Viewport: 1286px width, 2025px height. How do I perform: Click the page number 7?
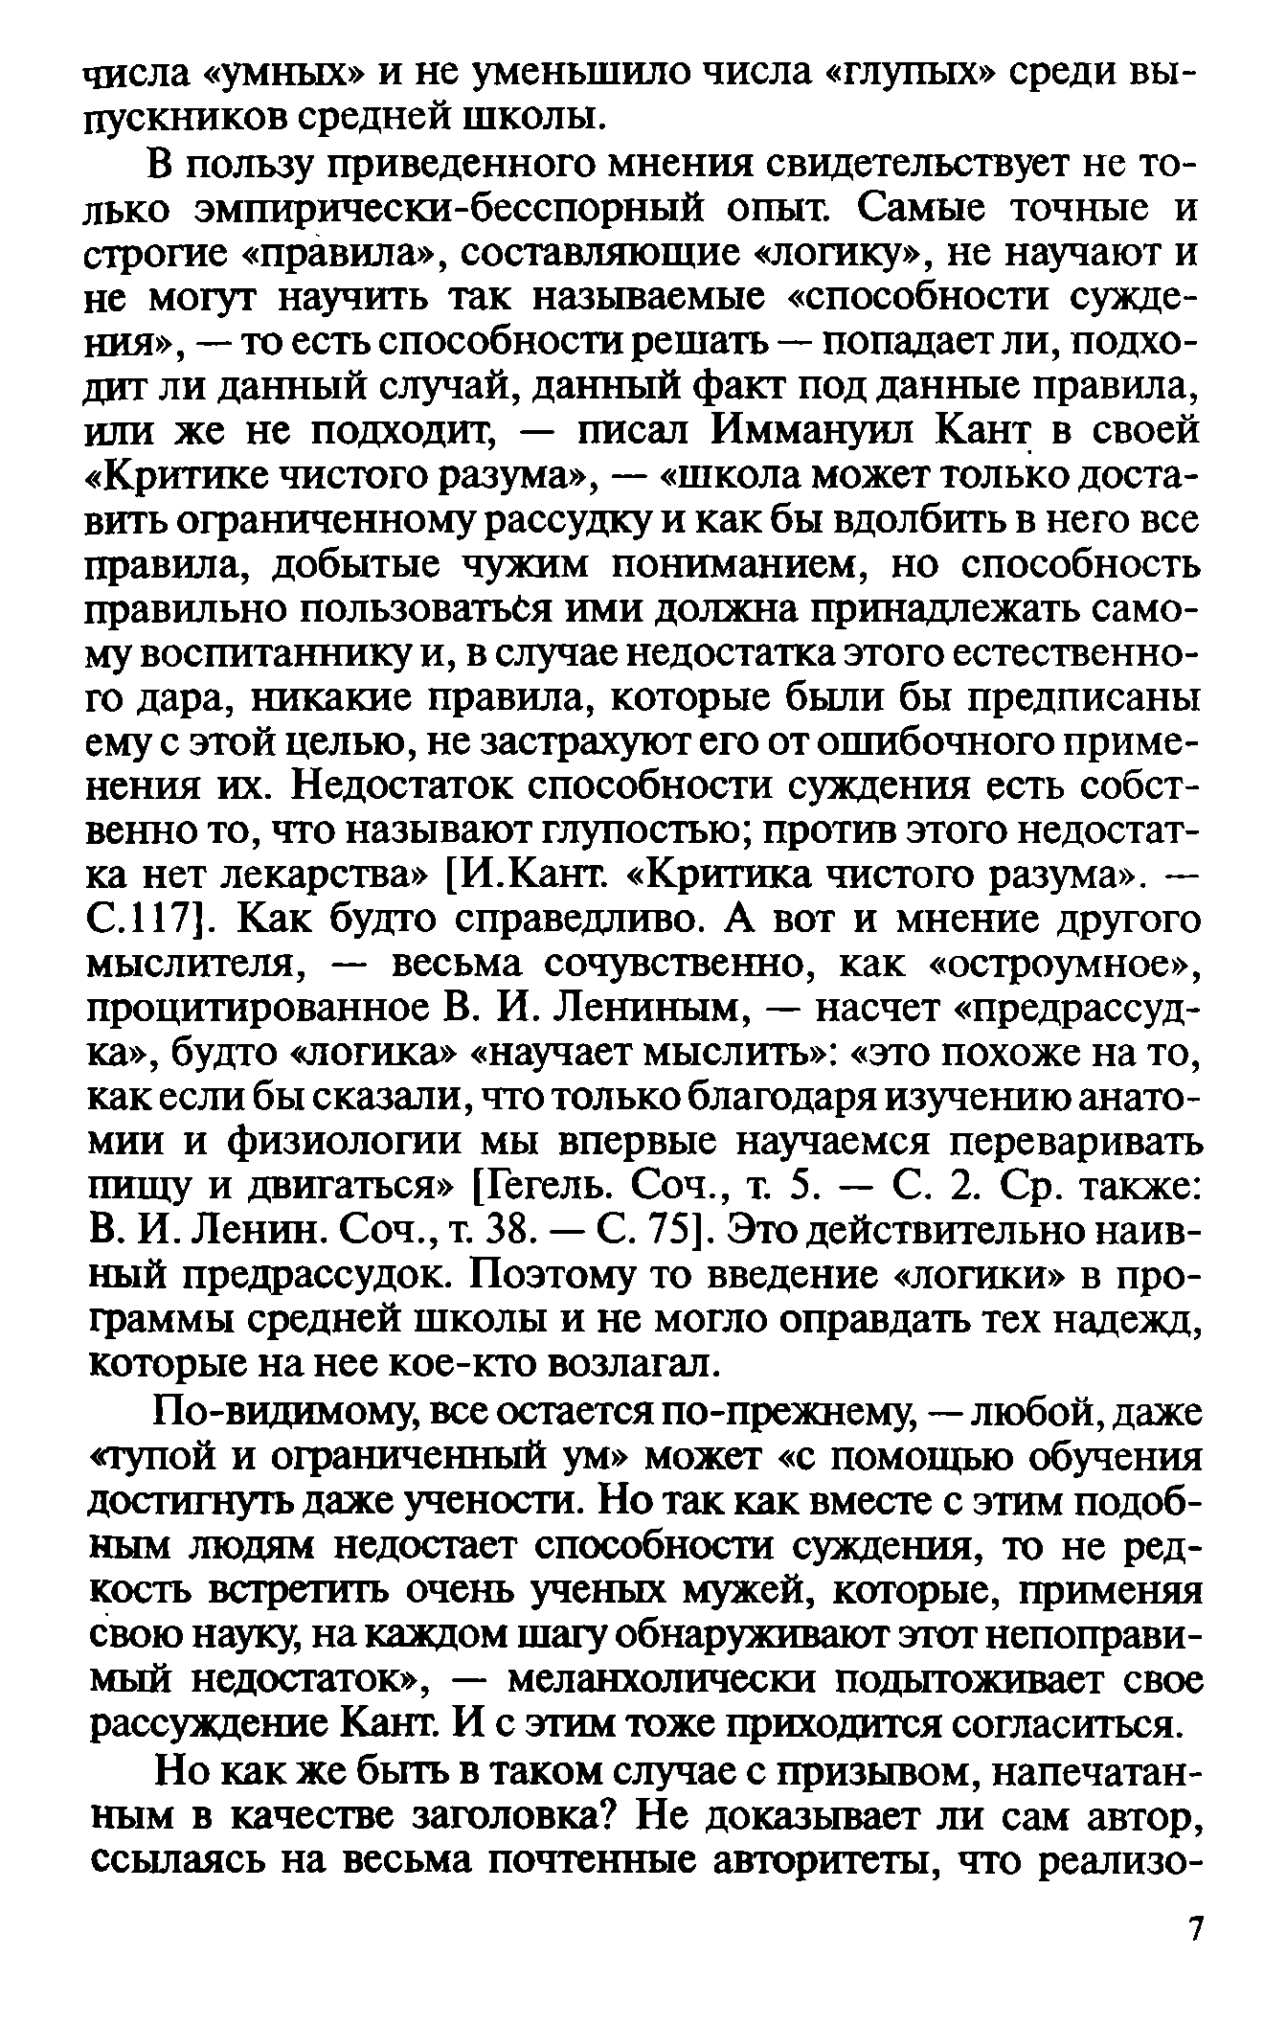pos(1194,1928)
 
